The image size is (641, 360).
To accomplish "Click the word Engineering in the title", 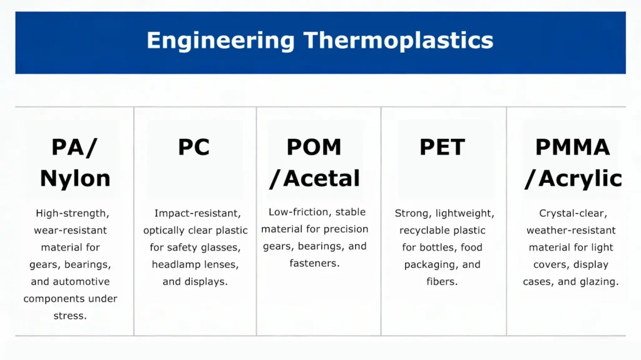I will click(x=220, y=41).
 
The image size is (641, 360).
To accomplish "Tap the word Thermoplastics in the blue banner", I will click(x=398, y=41).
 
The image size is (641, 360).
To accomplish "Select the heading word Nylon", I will click(x=75, y=178).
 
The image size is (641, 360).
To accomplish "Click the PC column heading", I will click(x=194, y=148).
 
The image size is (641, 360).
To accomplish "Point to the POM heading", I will click(x=314, y=148).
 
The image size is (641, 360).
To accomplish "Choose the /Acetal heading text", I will click(x=314, y=178).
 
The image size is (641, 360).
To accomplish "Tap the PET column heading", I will click(x=442, y=148).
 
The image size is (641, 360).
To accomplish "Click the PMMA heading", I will click(x=572, y=148).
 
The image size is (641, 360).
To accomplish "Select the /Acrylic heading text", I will click(x=572, y=178).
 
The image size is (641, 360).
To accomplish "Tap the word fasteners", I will click(x=314, y=263).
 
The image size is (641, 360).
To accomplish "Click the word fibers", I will click(x=442, y=281).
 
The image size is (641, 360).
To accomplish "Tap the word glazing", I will click(x=598, y=281).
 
